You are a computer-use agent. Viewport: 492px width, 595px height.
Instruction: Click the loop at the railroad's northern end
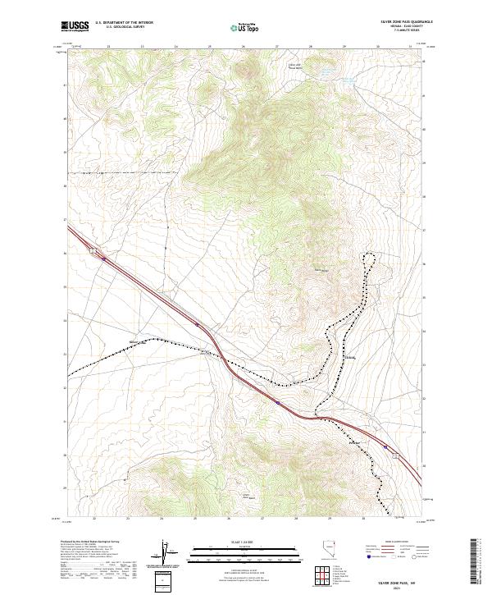coord(370,259)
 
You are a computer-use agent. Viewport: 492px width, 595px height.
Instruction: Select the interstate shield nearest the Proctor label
coord(386,447)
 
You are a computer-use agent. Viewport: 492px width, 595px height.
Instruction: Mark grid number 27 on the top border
coord(277,47)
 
